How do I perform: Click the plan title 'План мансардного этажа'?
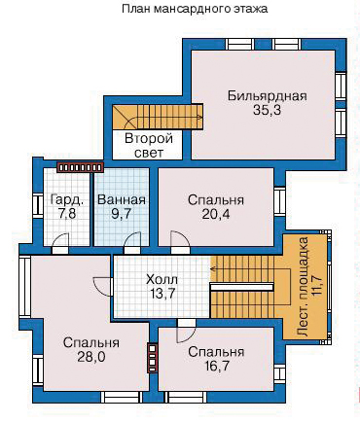tap(195, 9)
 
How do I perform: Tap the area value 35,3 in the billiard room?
tap(267, 111)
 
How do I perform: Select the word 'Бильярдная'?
tap(267, 96)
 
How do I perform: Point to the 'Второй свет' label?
tap(149, 146)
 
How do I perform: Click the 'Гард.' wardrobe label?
tap(67, 200)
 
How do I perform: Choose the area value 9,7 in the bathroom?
tap(122, 214)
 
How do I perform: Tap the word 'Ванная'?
tap(122, 200)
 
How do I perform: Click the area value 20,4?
tap(216, 214)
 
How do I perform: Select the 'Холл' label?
tap(162, 279)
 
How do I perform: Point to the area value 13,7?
tap(162, 294)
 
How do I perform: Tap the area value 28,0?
tap(91, 357)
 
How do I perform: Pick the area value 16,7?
tap(217, 367)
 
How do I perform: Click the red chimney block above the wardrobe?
tap(80, 167)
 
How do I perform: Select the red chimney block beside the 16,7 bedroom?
tap(153, 358)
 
